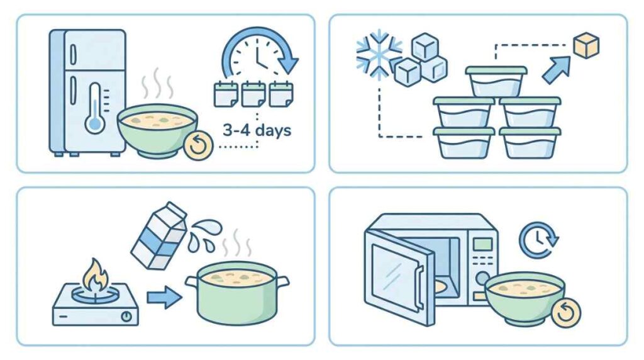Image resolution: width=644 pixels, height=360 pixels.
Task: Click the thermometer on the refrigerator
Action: point(95,107)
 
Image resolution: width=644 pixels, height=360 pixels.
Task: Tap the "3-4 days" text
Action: point(257,131)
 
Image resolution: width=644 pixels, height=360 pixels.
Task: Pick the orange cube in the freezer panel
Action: point(586,46)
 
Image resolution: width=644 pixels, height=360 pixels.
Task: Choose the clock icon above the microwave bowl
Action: point(538,240)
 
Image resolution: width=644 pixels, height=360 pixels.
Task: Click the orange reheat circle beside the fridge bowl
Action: point(198,145)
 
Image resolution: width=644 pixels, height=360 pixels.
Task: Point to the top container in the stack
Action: point(496,81)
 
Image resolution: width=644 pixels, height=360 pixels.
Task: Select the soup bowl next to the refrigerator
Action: point(157,129)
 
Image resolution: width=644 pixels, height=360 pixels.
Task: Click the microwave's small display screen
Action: point(482,244)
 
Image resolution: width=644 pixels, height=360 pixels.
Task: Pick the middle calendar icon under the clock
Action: point(253,94)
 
